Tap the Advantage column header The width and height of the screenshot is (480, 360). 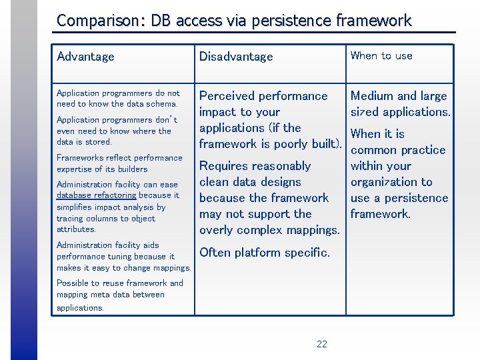85,57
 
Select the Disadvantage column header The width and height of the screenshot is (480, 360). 236,57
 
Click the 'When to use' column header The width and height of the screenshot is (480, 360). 381,56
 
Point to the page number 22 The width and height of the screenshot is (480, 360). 322,344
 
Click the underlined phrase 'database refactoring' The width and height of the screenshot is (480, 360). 96,195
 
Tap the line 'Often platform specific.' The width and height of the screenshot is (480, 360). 265,252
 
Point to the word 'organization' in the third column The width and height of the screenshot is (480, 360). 391,182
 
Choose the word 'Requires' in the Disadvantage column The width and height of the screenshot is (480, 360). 227,166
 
